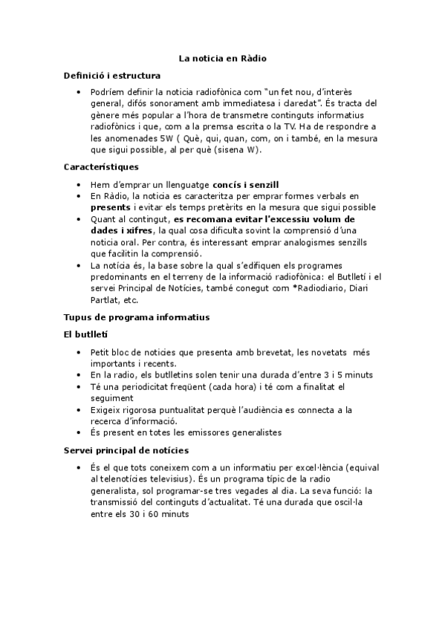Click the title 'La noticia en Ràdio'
pyautogui.click(x=223, y=57)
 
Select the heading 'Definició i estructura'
pyautogui.click(x=112, y=75)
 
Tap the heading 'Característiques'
pyautogui.click(x=101, y=167)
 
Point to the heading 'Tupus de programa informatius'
pyautogui.click(x=137, y=317)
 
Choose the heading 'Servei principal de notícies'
pyautogui.click(x=126, y=450)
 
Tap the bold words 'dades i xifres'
pyautogui.click(x=121, y=231)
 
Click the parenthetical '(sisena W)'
pyautogui.click(x=241, y=149)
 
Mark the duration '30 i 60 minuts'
pyautogui.click(x=155, y=513)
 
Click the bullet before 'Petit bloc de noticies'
pyautogui.click(x=79, y=353)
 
